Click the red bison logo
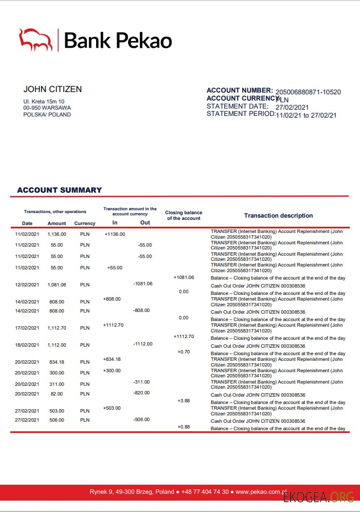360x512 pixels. tap(36, 40)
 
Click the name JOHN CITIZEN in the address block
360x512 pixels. tap(52, 89)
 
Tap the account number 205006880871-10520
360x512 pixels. tap(308, 92)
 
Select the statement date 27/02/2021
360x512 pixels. tap(292, 107)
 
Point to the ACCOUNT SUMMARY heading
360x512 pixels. tap(59, 190)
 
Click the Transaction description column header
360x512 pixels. tap(278, 216)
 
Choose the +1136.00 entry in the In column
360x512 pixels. tap(115, 234)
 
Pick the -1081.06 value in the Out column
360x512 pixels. tap(142, 284)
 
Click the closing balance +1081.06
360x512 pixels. tap(184, 277)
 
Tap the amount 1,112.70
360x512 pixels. tap(57, 328)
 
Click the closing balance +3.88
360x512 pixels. tap(183, 401)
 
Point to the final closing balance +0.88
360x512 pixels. tap(183, 427)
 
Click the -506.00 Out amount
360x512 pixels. tap(141, 419)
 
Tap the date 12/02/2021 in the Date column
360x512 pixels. tap(27, 285)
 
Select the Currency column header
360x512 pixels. tap(85, 223)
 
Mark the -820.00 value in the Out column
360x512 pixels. tap(141, 393)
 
